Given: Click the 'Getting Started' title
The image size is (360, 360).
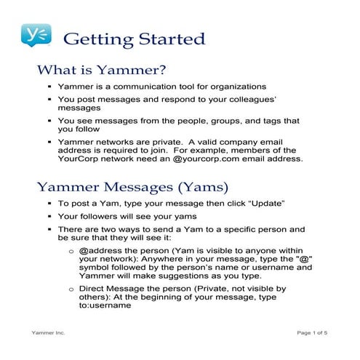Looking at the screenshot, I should [x=135, y=39].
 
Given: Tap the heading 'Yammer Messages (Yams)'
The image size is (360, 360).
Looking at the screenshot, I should [x=128, y=186].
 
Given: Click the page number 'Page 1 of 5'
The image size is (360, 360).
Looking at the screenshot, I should [x=312, y=332].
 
